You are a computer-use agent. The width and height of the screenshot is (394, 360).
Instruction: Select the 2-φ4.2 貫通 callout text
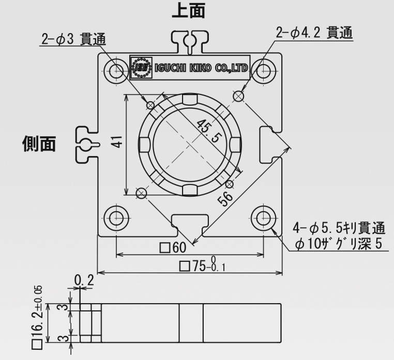click(314, 34)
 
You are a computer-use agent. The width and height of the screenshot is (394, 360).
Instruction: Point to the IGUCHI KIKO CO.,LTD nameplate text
click(201, 68)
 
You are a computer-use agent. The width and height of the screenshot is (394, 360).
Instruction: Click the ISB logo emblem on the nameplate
click(141, 68)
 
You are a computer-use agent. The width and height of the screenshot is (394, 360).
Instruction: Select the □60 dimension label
click(173, 248)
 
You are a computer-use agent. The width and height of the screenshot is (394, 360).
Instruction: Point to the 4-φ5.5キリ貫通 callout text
click(339, 228)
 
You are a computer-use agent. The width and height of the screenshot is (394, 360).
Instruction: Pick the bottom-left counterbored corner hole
click(115, 216)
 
